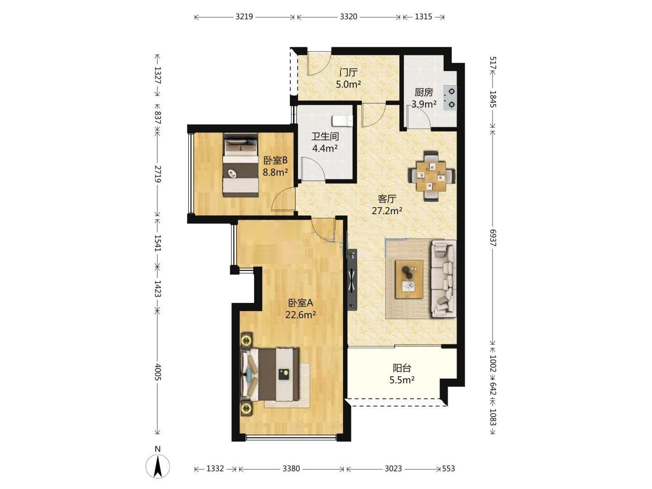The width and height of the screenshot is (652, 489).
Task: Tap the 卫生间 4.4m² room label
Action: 325,142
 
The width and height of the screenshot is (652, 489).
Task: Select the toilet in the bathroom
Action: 342,121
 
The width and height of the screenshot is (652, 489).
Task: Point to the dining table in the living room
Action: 431,176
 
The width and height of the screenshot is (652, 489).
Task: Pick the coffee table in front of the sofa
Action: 409,279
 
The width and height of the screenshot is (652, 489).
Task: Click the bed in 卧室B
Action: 240,165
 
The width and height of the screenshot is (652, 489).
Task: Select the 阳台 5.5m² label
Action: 402,374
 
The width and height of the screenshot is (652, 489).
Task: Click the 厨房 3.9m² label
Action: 424,98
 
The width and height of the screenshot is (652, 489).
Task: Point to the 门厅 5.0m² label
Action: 349,78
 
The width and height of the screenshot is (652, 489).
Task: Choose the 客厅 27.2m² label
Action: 387,204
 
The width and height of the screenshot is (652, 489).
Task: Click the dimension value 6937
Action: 493,238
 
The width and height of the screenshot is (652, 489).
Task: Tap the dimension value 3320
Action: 349,17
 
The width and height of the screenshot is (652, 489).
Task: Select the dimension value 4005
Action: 158,372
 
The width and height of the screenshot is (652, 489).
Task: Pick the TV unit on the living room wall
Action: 352,280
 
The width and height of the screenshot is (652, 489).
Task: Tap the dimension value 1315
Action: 423,17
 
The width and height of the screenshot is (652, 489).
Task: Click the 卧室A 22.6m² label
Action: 301,308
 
